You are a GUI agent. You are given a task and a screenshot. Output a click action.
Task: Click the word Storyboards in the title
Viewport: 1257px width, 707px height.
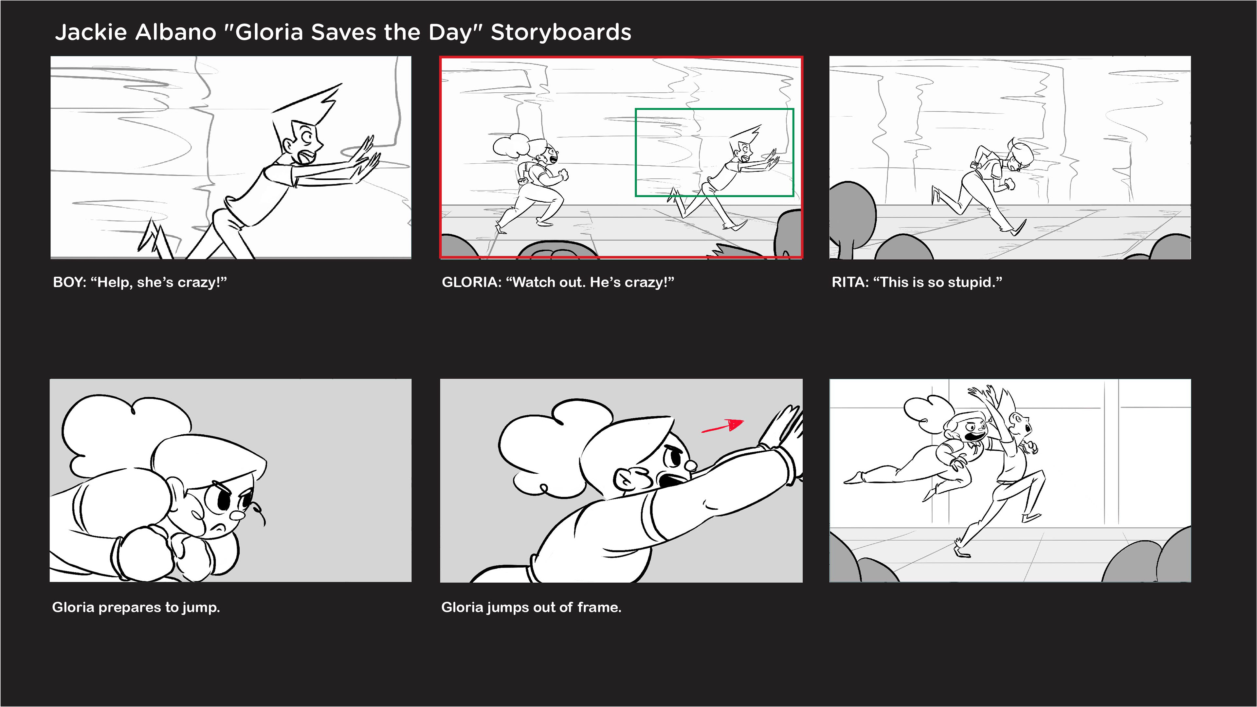[561, 32]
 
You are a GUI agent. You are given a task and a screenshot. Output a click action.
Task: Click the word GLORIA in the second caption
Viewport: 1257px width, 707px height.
[469, 282]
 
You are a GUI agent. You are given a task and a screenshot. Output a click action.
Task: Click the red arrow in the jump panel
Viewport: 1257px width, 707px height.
[723, 426]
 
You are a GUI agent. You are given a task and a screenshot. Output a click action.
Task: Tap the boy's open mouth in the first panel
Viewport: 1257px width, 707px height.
[306, 157]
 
